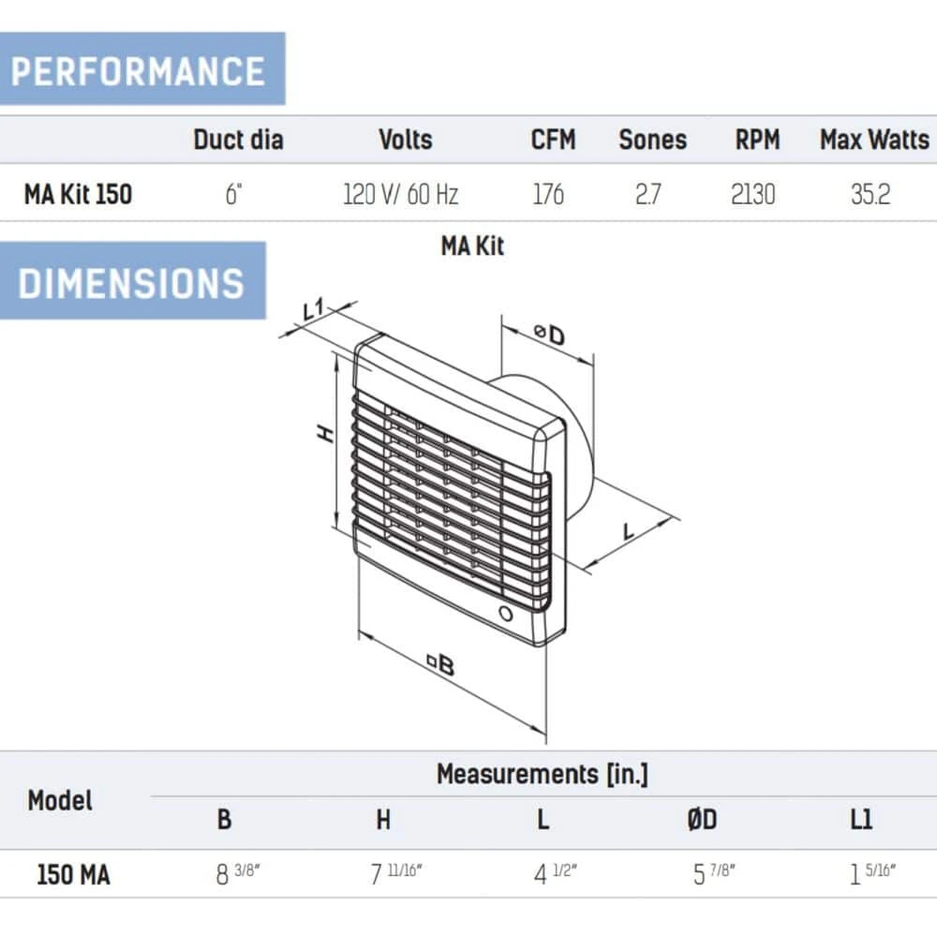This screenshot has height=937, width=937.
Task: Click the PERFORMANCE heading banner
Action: pos(142,68)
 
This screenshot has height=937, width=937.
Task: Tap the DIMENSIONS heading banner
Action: pos(133,281)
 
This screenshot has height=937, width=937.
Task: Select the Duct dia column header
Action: pos(238,140)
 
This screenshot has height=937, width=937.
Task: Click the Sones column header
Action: pos(652,140)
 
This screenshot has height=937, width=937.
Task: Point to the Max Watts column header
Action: pos(874,140)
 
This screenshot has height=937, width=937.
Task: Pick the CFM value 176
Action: pos(548,194)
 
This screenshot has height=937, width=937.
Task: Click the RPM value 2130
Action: pos(753,194)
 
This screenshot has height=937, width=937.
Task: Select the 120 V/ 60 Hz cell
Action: pos(400,194)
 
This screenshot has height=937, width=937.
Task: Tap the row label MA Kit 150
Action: pos(79,194)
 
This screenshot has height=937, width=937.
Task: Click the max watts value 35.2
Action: pos(870,194)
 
